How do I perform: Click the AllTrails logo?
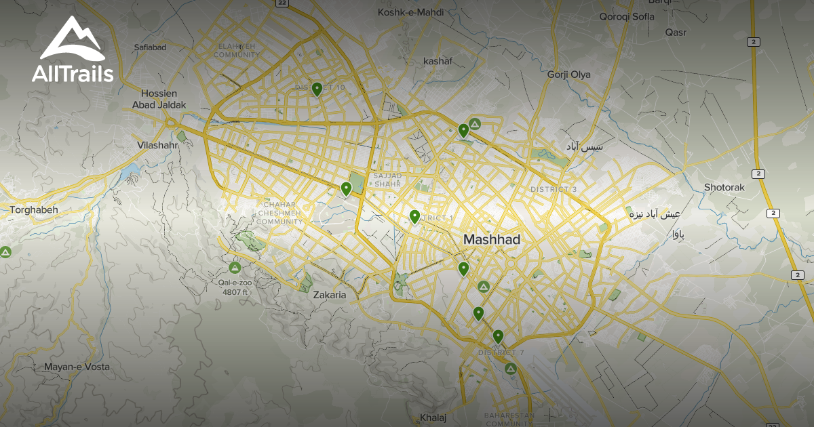pos(73,50)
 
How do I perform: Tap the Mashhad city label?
pos(492,240)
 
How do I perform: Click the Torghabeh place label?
pos(34,210)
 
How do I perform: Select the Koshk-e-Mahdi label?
pos(410,12)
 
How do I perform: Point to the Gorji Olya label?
pos(568,75)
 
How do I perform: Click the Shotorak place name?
pos(724,187)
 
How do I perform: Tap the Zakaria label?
pos(330,295)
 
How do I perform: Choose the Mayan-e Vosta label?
pos(77,367)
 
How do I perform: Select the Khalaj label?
pos(433,418)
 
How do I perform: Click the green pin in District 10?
pos(317,89)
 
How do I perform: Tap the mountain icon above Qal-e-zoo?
pos(235,267)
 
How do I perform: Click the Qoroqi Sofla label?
pos(626,16)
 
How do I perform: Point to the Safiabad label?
pos(150,47)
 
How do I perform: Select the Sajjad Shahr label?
pos(388,180)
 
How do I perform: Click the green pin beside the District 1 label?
pos(414,216)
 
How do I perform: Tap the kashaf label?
pos(437,61)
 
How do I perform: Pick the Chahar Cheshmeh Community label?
pos(280,212)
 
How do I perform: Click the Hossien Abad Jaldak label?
pos(163,99)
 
